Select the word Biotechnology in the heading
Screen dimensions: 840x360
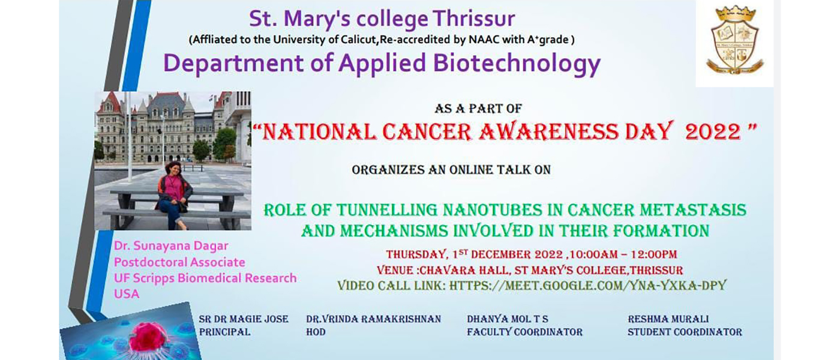(x=517, y=64)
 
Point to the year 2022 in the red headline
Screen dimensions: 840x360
(x=713, y=132)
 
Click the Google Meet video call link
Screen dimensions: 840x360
(x=587, y=286)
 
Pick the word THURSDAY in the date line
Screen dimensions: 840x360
(x=417, y=254)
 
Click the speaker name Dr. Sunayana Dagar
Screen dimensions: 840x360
(x=171, y=246)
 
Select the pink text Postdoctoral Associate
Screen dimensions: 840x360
(x=179, y=262)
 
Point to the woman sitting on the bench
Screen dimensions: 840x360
(x=173, y=195)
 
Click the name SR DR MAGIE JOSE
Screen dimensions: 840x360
(x=244, y=319)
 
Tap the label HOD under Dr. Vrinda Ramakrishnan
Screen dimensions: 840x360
(x=316, y=332)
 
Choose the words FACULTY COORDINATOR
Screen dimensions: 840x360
(x=524, y=332)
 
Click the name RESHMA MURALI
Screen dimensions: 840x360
(x=668, y=319)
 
